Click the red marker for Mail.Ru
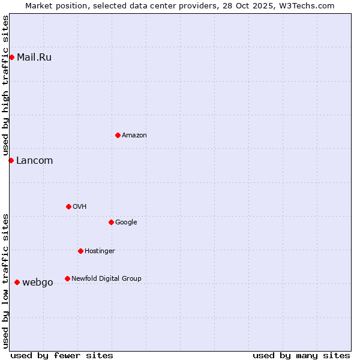point(12,57)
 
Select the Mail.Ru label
point(34,58)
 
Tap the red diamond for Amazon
point(118,135)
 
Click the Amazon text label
point(134,136)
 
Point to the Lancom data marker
point(11,160)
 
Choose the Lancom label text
point(35,161)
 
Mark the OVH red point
point(68,206)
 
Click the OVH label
point(80,207)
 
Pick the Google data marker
point(111,222)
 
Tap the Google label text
point(126,223)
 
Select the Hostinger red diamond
point(80,251)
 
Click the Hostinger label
point(100,251)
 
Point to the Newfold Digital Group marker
point(67,278)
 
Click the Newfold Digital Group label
point(106,279)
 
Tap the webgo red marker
point(17,282)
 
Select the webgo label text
point(38,283)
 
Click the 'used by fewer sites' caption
point(62,355)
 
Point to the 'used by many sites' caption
point(301,355)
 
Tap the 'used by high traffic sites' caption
point(6,86)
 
